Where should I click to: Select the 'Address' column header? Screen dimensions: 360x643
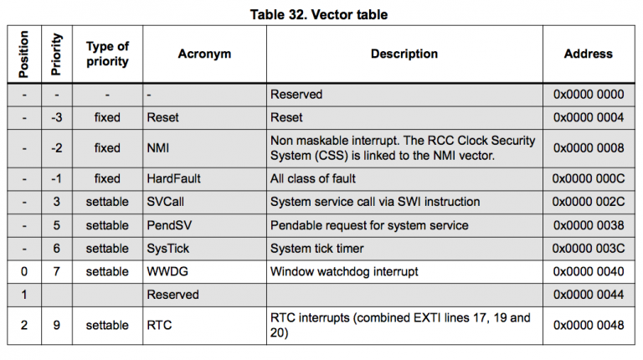[588, 54]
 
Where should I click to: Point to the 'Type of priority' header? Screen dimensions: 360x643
[107, 54]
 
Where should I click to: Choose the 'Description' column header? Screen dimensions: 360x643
[404, 54]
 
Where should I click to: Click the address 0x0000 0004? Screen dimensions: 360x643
[588, 118]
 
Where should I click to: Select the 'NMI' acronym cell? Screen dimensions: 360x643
[157, 148]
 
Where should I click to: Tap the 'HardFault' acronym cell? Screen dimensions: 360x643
[173, 178]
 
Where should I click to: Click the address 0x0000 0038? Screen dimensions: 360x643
[588, 225]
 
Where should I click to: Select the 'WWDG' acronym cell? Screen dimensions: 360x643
[165, 272]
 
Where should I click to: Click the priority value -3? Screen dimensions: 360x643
[56, 118]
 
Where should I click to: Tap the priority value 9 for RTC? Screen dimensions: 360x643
[56, 326]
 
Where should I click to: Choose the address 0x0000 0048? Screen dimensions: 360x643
[588, 326]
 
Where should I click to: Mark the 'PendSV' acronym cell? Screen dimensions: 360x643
[168, 225]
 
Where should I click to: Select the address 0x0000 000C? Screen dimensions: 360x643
[588, 178]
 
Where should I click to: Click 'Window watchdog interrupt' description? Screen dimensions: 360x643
[342, 272]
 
